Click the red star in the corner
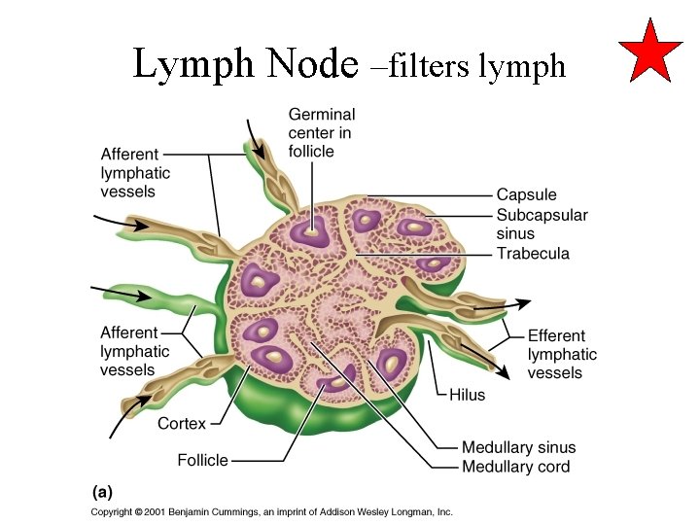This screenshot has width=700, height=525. [x=651, y=50]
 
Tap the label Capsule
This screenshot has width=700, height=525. [x=526, y=195]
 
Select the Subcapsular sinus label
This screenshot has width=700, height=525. [x=542, y=225]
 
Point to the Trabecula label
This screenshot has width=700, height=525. [x=533, y=254]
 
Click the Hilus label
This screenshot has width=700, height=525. [x=467, y=395]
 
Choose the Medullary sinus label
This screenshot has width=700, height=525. [x=518, y=447]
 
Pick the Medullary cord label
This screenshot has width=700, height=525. [x=515, y=467]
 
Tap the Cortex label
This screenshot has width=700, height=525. [x=182, y=423]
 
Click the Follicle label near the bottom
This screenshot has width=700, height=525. [x=202, y=459]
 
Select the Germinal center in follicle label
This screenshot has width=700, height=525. [x=322, y=133]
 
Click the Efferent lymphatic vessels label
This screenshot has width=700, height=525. [x=562, y=354]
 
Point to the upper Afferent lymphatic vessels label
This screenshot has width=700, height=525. [x=135, y=173]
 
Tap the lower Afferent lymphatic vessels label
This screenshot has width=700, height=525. [x=135, y=351]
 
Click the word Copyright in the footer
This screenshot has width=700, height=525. [x=113, y=511]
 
